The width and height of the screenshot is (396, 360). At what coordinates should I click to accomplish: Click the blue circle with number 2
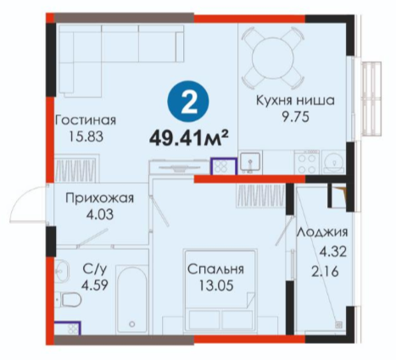click(188, 102)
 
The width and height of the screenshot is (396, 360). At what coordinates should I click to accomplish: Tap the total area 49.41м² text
click(188, 138)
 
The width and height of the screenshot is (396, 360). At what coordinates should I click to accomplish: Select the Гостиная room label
click(86, 120)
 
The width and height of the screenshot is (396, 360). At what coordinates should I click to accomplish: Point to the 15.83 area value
click(86, 137)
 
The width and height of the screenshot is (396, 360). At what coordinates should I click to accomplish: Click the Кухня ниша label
click(295, 100)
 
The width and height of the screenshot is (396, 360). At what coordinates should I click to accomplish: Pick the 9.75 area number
click(295, 117)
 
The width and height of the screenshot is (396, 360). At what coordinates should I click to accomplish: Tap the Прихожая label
click(99, 198)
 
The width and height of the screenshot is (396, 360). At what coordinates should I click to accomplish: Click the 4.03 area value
click(100, 214)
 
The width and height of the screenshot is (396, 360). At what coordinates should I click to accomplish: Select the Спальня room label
click(215, 269)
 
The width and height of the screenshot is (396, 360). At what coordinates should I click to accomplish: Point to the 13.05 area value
click(216, 285)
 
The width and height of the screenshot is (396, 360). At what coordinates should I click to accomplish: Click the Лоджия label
click(322, 233)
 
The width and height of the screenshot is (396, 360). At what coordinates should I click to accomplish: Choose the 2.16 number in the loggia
click(325, 272)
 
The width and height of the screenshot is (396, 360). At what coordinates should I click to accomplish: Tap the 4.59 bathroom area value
click(95, 285)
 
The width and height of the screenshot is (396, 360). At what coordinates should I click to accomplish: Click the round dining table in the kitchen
click(273, 59)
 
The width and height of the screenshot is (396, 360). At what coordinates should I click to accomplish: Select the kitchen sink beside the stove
click(250, 163)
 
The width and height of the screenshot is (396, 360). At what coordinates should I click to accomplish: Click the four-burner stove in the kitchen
click(306, 163)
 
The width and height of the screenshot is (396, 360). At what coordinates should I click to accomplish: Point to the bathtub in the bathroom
click(132, 300)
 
